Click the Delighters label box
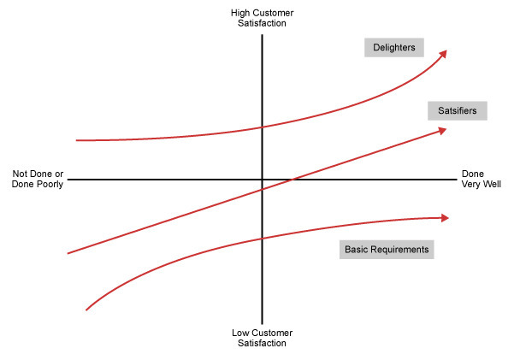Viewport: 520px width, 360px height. point(394,48)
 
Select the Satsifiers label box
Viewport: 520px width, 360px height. point(458,111)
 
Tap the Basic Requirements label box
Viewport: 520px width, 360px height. point(386,250)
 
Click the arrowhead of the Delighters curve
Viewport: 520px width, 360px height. point(443,53)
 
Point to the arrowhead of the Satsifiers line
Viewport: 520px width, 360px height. point(443,130)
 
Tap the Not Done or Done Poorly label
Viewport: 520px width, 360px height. point(38,179)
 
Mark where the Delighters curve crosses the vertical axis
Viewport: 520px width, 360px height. point(262,127)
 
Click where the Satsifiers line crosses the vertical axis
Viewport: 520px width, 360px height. point(262,189)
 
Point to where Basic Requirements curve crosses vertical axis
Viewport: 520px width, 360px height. point(262,238)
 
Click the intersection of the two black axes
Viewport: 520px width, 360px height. point(262,180)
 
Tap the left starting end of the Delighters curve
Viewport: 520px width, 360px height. point(77,139)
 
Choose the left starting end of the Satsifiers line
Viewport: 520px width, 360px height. point(68,253)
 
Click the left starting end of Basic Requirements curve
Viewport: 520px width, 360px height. point(87,310)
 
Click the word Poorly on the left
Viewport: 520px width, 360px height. point(50,184)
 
